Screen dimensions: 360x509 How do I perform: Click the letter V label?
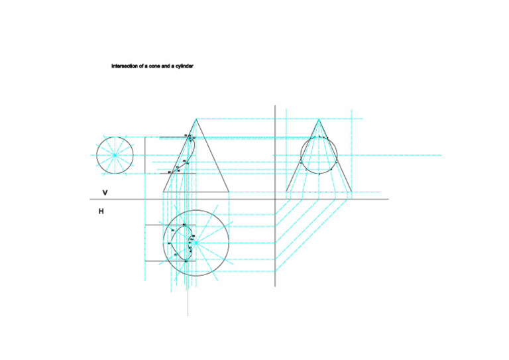pos(105,192)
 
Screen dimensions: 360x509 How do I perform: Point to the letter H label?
pos(101,212)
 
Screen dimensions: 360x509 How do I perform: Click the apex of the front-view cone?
pos(196,119)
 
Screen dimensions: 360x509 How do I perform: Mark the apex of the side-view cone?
pos(319,119)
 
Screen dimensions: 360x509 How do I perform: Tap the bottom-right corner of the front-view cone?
pos(229,192)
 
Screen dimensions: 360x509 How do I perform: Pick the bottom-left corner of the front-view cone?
pos(163,192)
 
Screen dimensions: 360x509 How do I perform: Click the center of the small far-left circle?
pos(115,155)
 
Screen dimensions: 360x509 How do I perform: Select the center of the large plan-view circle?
pos(196,243)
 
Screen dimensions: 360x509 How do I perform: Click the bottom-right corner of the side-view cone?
pos(352,192)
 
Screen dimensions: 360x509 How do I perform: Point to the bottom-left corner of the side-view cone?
pos(286,192)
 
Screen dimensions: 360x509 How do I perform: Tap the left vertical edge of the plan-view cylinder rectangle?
pos(145,243)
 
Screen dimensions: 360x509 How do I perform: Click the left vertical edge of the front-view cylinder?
pos(145,155)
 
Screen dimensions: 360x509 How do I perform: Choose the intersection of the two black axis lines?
pos(275,199)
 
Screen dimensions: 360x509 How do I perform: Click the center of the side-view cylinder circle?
pos(319,155)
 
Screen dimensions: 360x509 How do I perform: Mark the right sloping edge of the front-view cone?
pos(213,155)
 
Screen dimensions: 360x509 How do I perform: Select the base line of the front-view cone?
pos(196,192)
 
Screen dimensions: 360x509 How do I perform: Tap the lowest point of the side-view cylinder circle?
pos(319,174)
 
